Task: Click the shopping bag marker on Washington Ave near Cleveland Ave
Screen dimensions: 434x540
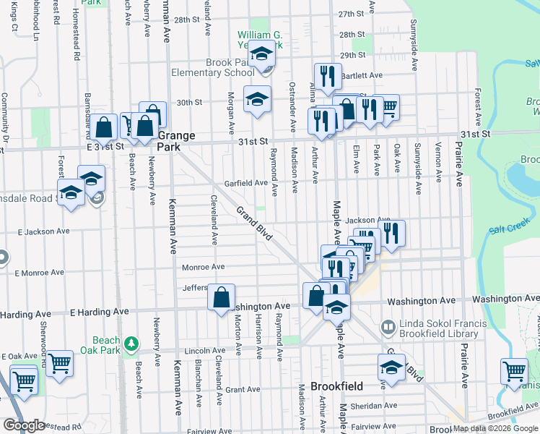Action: [x=221, y=296]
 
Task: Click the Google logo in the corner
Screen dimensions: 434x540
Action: [x=24, y=425]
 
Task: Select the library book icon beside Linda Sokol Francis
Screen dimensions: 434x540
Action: [x=388, y=328]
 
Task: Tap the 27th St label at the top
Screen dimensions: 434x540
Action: [x=352, y=14]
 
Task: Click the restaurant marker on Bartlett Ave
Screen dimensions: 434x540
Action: [x=327, y=75]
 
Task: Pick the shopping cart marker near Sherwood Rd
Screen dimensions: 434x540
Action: [x=59, y=363]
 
